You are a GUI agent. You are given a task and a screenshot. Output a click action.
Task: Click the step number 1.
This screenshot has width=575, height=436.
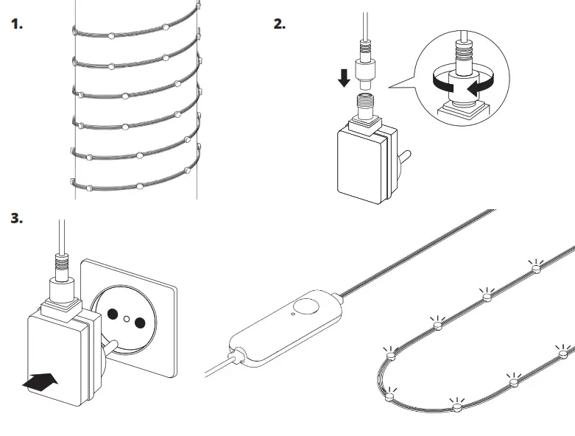[x=17, y=24]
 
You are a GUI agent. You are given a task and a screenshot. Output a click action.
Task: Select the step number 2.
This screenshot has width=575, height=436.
[x=279, y=24]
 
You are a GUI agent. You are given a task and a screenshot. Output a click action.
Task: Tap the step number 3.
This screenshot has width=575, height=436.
[x=17, y=219]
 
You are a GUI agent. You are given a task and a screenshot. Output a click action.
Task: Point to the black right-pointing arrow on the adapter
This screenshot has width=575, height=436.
[x=41, y=381]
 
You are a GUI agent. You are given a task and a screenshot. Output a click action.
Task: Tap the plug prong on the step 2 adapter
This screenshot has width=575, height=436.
[x=404, y=158]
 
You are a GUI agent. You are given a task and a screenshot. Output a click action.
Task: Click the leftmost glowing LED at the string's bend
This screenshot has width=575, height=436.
[x=389, y=356]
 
